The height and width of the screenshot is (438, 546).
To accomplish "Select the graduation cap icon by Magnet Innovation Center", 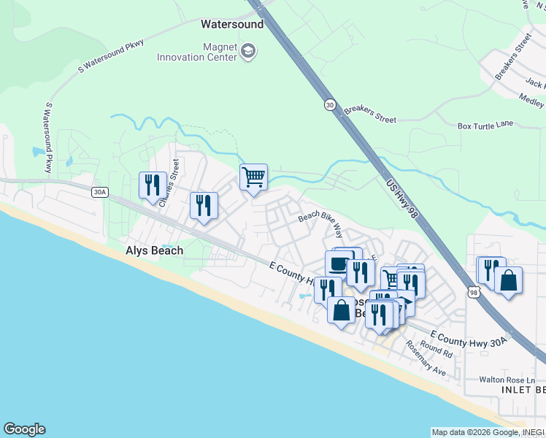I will pos(248,50).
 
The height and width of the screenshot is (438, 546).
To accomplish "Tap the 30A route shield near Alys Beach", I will pos(100,193).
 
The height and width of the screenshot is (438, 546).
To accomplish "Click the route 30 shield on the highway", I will pos(331,105).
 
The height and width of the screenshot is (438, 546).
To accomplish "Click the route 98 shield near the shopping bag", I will pos(474,292).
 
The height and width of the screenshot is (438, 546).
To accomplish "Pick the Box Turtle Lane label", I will pos(487,126).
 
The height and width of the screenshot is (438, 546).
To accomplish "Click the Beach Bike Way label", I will pos(321,223).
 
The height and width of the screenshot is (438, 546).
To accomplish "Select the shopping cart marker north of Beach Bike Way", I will pos(253,177).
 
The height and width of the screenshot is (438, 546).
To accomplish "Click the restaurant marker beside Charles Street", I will pos(153,184).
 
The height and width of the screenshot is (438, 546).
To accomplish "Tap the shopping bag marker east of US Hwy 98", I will pos(508,280).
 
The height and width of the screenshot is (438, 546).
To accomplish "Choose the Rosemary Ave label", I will pos(426,358).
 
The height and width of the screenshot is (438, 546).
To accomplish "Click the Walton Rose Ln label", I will pos(511,380).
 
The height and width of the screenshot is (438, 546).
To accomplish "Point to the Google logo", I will pos(24,429).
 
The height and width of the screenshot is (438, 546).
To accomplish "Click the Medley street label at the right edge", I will pos(531,98).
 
